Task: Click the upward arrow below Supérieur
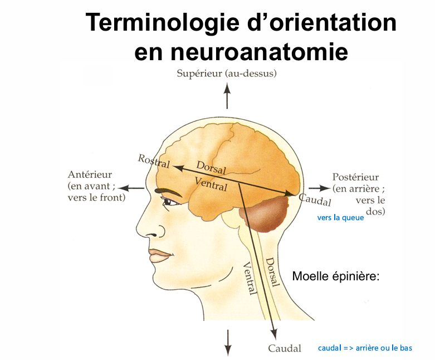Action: click(x=227, y=95)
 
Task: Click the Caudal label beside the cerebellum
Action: click(x=315, y=200)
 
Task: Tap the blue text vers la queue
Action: click(x=340, y=218)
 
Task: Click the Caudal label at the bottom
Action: click(x=285, y=348)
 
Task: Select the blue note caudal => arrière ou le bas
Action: click(x=365, y=348)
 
